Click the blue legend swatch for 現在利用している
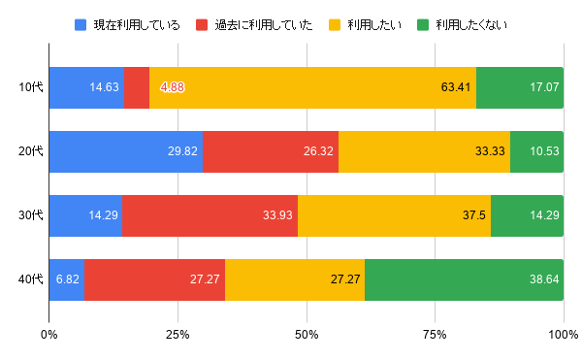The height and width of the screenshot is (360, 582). tap(81, 24)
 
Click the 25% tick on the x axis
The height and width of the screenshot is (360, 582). tap(178, 336)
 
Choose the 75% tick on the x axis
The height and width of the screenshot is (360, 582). tap(435, 336)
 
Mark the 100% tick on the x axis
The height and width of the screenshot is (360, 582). tap(564, 336)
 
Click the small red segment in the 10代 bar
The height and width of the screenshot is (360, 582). tap(137, 87)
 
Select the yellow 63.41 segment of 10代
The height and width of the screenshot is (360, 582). tap(312, 87)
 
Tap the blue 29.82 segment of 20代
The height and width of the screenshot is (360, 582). tap(125, 151)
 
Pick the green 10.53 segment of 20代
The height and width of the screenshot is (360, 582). tap(536, 151)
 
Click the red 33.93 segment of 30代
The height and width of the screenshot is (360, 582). tap(210, 215)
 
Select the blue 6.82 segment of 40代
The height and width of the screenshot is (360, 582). tap(66, 279)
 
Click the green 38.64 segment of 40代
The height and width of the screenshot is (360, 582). tap(464, 279)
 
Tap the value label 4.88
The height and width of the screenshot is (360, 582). tap(173, 87)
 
